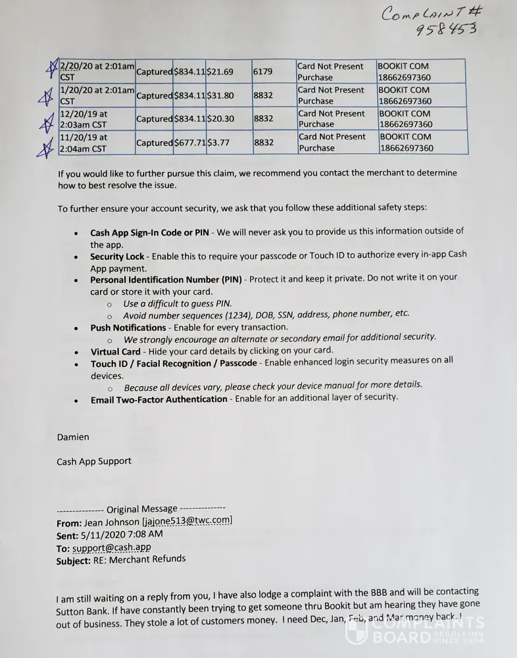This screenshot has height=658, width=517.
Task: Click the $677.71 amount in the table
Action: [189, 143]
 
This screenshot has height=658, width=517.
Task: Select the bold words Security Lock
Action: [117, 256]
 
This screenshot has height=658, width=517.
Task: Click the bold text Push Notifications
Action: [128, 327]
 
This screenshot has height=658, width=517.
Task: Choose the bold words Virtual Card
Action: [115, 351]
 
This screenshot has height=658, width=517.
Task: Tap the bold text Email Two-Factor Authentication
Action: [159, 399]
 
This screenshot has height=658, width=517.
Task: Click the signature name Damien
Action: [73, 437]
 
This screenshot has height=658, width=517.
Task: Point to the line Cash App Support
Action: [94, 461]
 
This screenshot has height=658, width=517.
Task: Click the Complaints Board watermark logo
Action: [415, 630]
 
